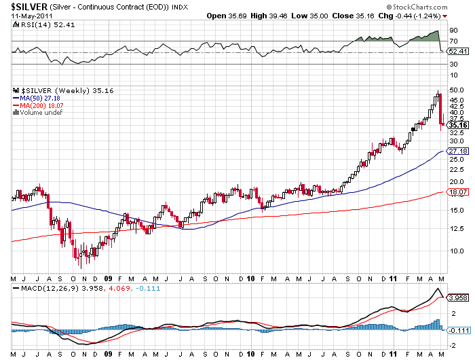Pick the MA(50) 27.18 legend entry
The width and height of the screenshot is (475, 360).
(40, 98)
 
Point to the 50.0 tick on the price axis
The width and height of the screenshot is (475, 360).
(456, 90)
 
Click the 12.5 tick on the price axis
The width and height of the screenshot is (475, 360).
(456, 228)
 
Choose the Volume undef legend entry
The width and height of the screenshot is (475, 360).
(39, 113)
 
